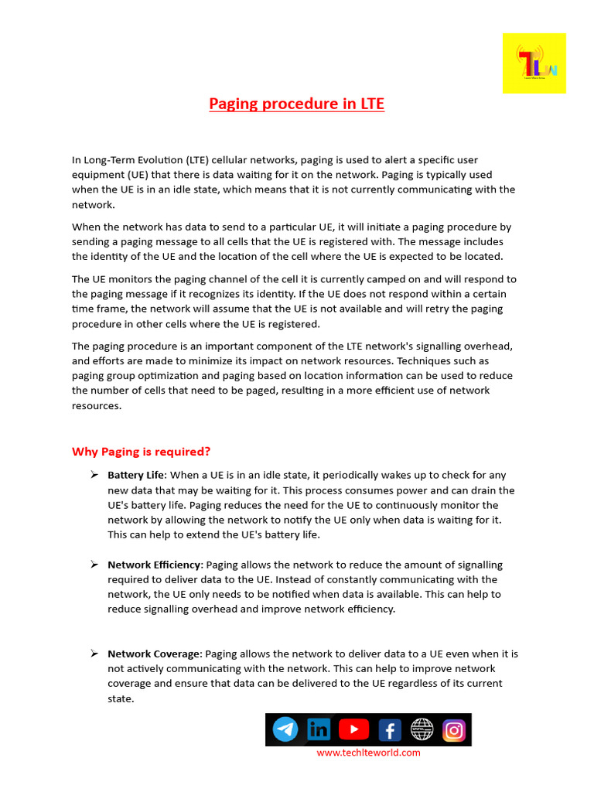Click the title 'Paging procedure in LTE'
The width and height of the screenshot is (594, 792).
click(296, 104)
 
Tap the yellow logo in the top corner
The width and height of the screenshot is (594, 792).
click(534, 63)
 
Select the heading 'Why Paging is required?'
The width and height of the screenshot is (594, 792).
click(141, 452)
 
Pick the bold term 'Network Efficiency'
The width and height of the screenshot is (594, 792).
click(154, 565)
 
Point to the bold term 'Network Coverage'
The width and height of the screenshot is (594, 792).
click(153, 654)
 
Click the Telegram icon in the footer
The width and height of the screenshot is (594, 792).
click(285, 729)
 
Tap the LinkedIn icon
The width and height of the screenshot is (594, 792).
click(319, 729)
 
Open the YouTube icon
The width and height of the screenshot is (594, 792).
click(353, 729)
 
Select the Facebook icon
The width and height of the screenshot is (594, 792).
click(388, 729)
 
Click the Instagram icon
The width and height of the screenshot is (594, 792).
click(454, 729)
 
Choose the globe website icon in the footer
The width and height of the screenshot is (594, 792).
click(422, 729)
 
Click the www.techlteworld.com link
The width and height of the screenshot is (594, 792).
click(368, 753)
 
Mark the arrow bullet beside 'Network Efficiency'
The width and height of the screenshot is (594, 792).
click(94, 564)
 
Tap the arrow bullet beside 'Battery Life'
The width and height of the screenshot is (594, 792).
click(94, 474)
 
